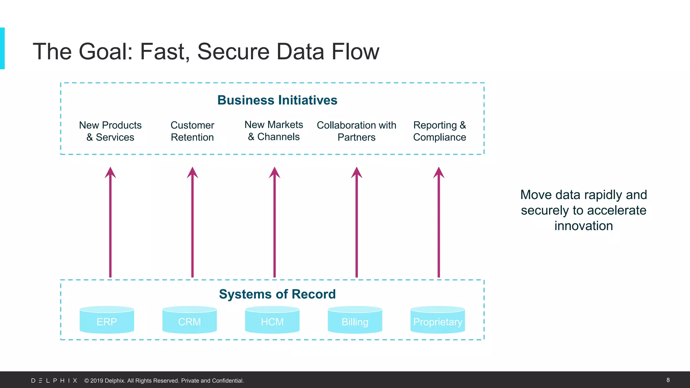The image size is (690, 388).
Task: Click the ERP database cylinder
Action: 107,320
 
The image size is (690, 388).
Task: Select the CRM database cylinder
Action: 189,320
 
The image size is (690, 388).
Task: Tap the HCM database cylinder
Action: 272,320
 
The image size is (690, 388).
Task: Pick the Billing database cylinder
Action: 355,320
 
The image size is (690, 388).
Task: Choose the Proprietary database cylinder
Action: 438,320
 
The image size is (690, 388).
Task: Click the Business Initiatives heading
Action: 277,100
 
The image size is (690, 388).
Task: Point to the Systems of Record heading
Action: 277,294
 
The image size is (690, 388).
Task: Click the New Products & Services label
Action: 110,131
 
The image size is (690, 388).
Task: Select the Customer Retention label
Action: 192,131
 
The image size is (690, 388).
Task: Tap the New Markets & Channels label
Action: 274,131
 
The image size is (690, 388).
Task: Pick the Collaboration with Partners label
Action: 356,131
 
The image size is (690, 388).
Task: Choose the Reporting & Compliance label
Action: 439,131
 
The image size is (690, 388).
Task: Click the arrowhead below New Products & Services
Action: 110,173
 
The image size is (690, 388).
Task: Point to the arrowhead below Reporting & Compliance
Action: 439,173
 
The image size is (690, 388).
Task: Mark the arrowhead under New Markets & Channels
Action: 275,173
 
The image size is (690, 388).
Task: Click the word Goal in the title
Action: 105,52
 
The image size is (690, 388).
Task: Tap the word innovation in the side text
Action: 584,226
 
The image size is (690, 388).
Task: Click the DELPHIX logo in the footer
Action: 54,381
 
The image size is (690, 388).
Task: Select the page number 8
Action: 668,380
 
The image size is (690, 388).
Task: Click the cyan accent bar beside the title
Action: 2,48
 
